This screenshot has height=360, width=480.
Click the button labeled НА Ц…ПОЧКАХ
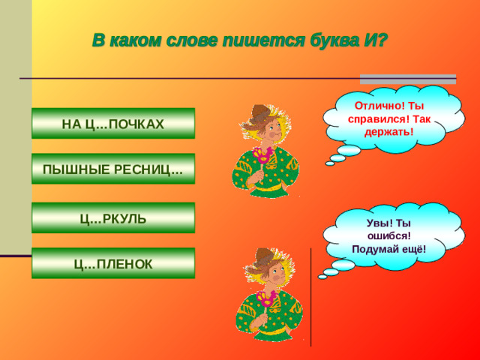(112, 124)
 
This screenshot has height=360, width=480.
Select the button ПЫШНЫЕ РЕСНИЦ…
(112, 169)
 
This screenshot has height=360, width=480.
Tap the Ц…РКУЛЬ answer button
(112, 218)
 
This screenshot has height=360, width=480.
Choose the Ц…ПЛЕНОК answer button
(112, 263)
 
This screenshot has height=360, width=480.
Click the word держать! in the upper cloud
(389, 133)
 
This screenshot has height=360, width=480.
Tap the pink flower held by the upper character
(262, 156)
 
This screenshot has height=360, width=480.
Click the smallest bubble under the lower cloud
(322, 277)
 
